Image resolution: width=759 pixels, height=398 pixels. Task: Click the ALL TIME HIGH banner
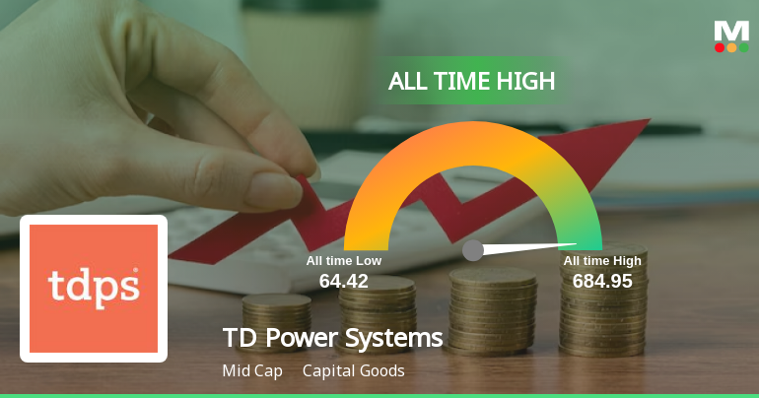coord(471,81)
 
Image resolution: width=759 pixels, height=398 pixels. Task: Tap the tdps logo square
coord(94,288)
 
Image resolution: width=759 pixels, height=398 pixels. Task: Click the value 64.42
coord(343,281)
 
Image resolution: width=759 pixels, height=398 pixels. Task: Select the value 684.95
coord(602,281)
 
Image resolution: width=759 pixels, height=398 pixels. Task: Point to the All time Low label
coord(343,261)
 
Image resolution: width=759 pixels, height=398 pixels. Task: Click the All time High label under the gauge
coord(602,261)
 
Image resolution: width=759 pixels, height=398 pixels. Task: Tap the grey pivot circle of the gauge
coord(473,250)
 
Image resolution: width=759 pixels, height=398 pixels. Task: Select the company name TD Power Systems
coord(333,339)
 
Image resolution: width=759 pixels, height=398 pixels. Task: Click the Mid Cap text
coord(252,370)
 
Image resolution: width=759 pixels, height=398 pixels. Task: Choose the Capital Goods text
coord(354,370)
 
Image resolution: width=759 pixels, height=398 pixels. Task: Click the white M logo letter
coord(731,31)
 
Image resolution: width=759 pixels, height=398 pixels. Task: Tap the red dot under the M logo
coord(720,47)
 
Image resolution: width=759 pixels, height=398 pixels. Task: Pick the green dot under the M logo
coord(744,47)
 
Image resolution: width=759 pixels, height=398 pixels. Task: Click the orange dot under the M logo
coord(731,47)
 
